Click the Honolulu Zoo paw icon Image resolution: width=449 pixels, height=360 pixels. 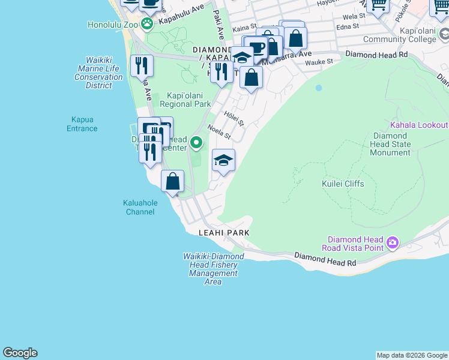point(147,24)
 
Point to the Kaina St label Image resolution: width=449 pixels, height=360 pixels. point(244,28)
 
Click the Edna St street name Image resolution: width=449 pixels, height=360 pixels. point(348,26)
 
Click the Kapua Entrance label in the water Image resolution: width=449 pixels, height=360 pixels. point(82,124)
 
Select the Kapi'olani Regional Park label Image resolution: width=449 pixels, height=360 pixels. point(185,100)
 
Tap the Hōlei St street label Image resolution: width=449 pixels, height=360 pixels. point(234,118)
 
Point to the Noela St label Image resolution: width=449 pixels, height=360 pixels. point(219,131)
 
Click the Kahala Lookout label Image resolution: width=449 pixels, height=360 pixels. point(418,125)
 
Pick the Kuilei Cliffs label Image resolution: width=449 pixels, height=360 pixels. point(342,184)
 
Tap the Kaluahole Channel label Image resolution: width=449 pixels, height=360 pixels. point(140,207)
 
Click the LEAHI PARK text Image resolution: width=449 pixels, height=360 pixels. point(224,232)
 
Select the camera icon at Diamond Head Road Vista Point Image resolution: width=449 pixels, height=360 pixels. point(392,243)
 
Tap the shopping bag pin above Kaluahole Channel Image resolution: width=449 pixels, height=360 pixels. point(172,181)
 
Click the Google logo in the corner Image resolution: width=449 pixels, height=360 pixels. point(20,353)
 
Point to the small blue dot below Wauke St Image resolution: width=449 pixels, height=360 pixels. point(319,88)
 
